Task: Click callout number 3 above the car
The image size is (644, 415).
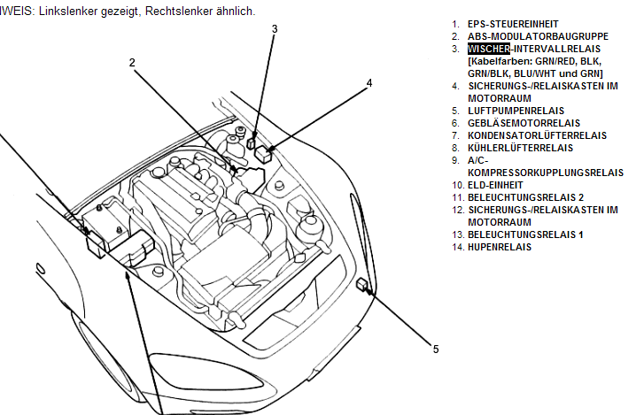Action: (275, 28)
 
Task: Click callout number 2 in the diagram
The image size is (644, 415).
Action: (132, 62)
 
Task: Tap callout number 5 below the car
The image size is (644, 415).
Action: (436, 349)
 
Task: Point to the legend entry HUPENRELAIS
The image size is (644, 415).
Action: (500, 247)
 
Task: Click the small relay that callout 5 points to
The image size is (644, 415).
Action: (362, 285)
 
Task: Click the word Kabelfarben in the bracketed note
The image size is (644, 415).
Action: (497, 61)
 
